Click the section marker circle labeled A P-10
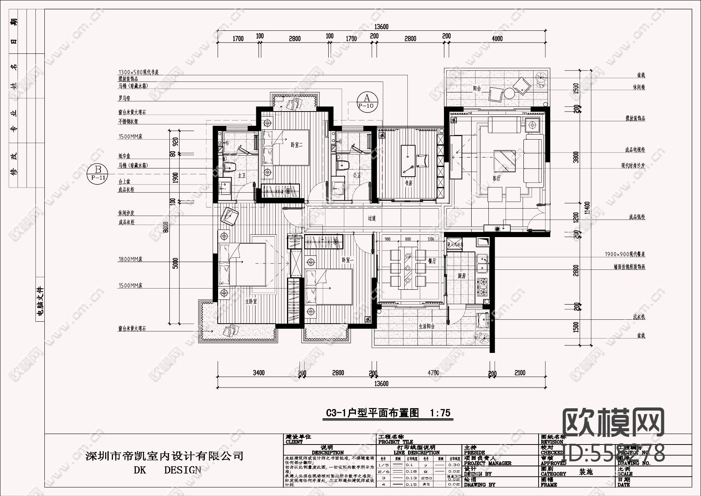point(366,101)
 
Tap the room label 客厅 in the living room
point(496,179)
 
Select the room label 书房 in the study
point(408,182)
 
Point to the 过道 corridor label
point(372,219)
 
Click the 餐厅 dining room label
point(432,262)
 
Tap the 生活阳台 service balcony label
point(426,326)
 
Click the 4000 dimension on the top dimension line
point(497,39)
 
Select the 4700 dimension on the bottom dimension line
point(433,373)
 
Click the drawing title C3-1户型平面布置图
point(372,413)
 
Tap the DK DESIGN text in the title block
point(167,470)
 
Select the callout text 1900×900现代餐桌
point(625,254)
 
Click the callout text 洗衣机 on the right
point(639,317)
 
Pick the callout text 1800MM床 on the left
point(130,259)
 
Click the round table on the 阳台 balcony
point(509,93)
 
